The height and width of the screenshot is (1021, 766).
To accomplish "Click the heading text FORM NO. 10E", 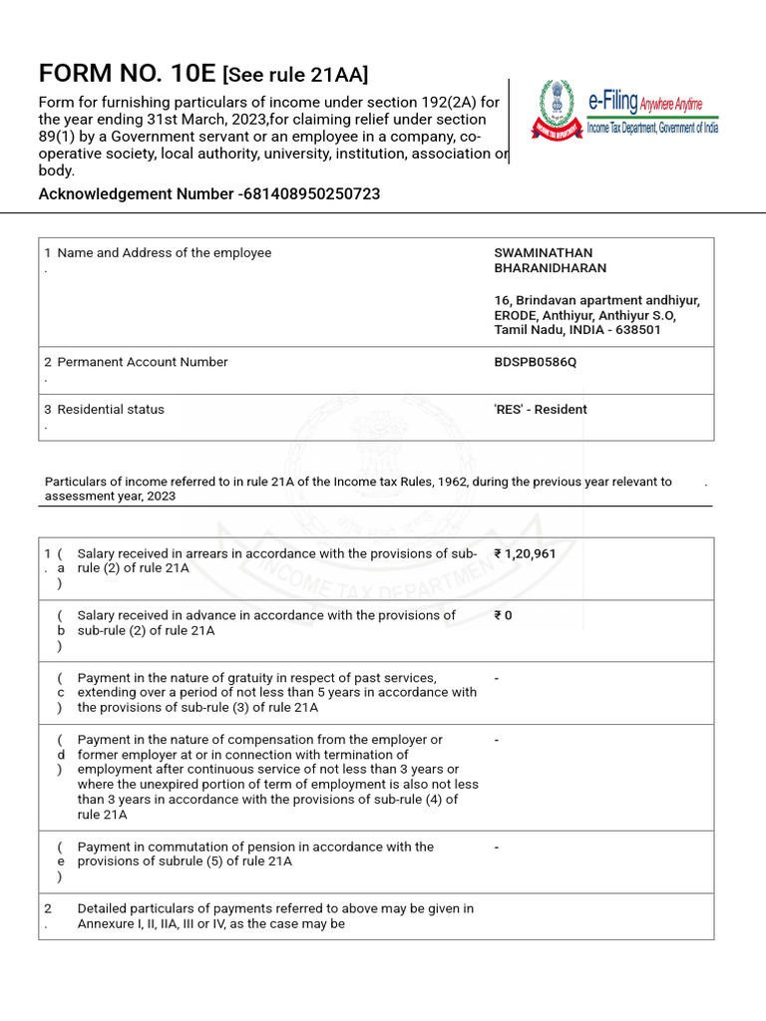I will pos(127,74).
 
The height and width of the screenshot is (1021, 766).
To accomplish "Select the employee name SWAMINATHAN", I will pos(543,253).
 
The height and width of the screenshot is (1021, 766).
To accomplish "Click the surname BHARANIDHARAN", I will pos(550,268).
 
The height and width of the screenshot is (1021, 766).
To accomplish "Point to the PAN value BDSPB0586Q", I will pos(535,362).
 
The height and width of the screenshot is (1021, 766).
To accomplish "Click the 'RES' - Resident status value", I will pos(541,409).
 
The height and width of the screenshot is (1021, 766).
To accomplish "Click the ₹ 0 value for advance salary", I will pos(503,615).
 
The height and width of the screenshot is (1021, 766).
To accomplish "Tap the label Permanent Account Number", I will pos(143,362).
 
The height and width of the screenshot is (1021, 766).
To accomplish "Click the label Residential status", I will pos(111,409).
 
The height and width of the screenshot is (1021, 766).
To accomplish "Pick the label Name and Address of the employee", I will pos(165,253).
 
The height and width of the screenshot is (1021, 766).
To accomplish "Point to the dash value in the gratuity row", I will pos(497,678).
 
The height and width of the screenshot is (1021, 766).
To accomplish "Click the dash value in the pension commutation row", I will pos(497,847).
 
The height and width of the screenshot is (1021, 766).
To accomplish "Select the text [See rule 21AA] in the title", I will pos(295,75).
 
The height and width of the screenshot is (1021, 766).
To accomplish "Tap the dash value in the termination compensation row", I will pos(497,740).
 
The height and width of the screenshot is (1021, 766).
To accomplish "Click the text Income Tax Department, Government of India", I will pos(652,127).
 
